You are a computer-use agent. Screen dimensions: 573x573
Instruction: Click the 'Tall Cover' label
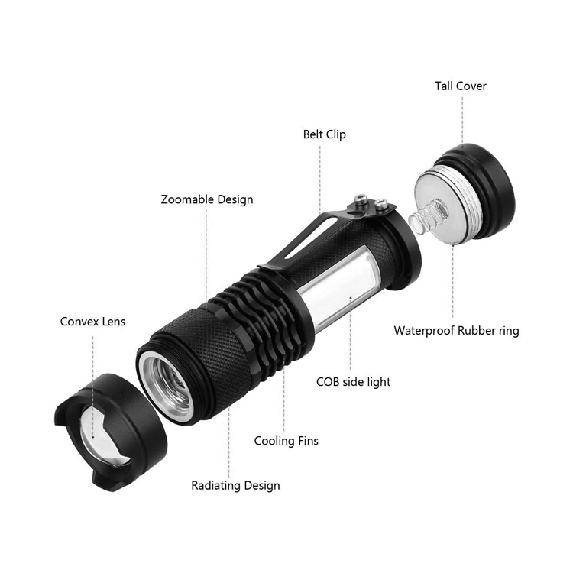coord(461,86)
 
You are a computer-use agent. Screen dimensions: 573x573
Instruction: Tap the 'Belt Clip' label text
coord(325,134)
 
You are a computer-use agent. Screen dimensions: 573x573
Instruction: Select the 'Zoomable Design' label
coord(207,199)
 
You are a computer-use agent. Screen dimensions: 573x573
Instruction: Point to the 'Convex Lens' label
coord(92,322)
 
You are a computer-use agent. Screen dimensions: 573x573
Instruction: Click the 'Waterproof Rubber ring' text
coord(456,331)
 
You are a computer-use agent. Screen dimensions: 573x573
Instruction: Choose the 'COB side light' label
coord(354,382)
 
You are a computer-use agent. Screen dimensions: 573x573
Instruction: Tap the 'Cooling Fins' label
coord(286,441)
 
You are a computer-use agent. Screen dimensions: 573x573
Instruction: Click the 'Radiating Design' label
coord(236,486)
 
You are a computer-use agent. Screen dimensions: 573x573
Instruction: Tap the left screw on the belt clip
coord(361,199)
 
